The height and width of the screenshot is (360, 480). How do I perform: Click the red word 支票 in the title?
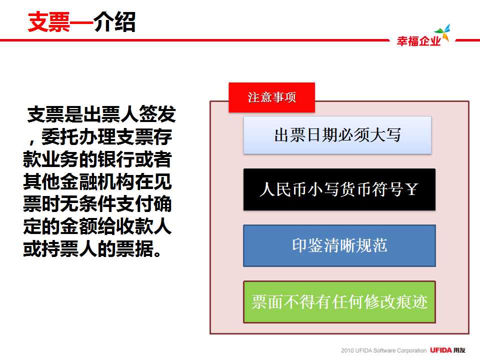(49, 21)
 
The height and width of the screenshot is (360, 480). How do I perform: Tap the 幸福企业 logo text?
(418, 41)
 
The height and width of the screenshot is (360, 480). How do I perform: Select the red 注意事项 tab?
(271, 97)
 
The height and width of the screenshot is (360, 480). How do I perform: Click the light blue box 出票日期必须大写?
(337, 135)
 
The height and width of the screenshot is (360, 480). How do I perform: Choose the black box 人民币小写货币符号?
(339, 189)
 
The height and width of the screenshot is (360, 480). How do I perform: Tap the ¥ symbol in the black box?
(411, 189)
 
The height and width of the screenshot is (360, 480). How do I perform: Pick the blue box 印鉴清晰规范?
(339, 245)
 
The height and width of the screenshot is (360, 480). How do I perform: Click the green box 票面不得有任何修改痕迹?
(339, 302)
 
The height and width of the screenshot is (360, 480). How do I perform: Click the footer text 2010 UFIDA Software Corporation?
(383, 350)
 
